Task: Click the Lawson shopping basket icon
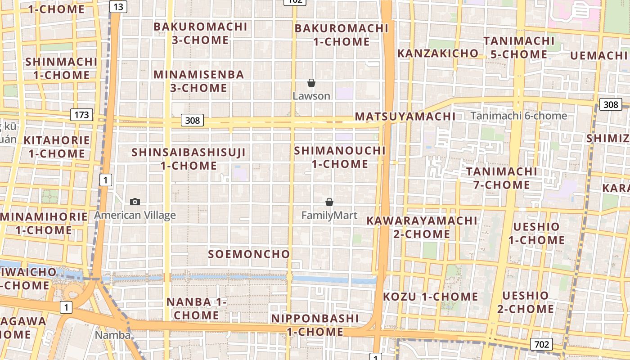311,83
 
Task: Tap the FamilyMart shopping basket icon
329,202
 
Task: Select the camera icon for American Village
135,202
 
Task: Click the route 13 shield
117,7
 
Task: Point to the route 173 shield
81,115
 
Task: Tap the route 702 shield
541,344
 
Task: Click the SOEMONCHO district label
249,254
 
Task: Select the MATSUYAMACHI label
405,117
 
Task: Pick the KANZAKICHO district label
438,53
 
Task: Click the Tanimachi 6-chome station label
519,116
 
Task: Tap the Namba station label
112,335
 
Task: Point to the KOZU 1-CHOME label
431,297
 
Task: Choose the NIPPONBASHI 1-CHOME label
315,325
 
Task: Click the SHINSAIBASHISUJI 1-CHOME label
189,159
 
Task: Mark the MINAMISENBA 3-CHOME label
199,81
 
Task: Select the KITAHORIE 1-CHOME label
57,147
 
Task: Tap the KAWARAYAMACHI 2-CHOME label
422,227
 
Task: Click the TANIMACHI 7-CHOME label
501,178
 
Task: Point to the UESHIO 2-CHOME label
526,302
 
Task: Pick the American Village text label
135,215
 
